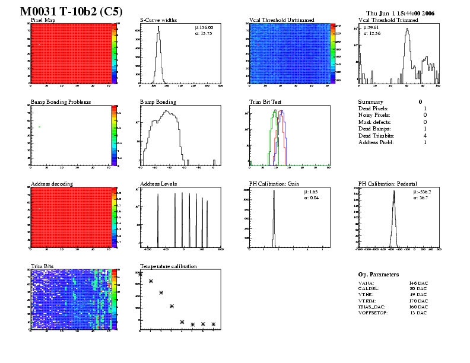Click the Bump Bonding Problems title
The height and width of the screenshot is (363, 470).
click(61, 102)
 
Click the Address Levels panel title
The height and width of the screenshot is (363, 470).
click(158, 184)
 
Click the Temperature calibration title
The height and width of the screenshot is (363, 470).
click(168, 266)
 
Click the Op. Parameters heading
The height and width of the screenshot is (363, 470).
click(379, 275)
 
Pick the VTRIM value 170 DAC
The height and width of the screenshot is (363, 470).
click(418, 301)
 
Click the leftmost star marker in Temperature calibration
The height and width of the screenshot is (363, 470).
click(140, 274)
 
